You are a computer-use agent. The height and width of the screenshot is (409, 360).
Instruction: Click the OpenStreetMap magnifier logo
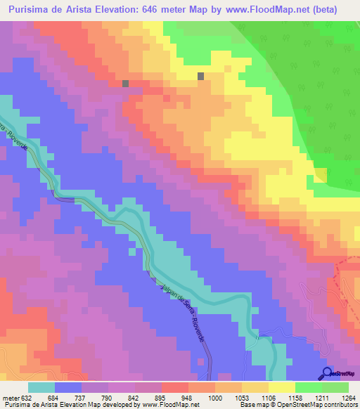click(x=328, y=373)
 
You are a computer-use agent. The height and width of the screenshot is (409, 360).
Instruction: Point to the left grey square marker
click(x=126, y=83)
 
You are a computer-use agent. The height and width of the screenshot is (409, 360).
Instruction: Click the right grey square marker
click(x=201, y=76)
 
